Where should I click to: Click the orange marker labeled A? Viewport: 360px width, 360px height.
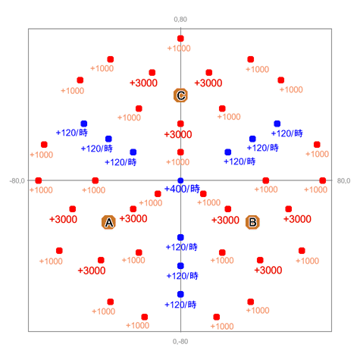[108, 222]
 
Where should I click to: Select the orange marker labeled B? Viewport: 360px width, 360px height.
[252, 222]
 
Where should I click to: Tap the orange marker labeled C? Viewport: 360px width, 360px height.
[180, 95]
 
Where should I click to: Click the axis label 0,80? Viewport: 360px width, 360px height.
[180, 20]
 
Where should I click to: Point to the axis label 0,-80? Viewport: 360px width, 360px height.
[180, 342]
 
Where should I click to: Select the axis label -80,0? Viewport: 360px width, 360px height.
[17, 181]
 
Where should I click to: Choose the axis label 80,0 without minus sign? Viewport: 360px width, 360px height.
[343, 181]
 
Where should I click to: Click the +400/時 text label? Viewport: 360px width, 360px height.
[182, 189]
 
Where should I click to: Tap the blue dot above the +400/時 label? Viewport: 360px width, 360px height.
[180, 180]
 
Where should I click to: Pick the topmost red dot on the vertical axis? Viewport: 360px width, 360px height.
[180, 39]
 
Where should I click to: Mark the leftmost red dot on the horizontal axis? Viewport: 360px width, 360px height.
[39, 180]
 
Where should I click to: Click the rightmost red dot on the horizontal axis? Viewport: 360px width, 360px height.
[323, 180]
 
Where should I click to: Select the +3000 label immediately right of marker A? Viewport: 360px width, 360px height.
[133, 219]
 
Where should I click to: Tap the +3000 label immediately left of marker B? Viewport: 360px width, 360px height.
[225, 220]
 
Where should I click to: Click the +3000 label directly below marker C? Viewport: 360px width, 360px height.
[178, 134]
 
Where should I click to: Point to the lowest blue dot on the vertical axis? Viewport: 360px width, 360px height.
[180, 294]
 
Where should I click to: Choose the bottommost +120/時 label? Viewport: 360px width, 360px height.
[180, 305]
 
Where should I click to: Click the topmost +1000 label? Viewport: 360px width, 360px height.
[179, 49]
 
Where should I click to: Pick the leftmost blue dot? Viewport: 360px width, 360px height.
[84, 124]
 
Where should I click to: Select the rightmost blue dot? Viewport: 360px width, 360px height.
[277, 124]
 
